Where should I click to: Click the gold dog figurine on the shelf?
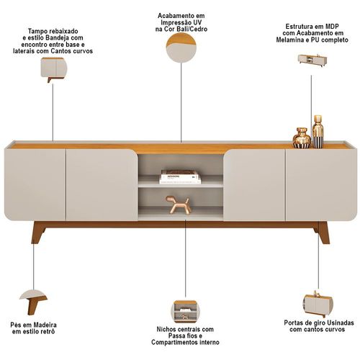click(x=179, y=204)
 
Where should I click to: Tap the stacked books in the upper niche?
click(x=180, y=177)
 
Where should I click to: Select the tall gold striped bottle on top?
click(x=318, y=132)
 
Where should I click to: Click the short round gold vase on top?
click(x=302, y=138)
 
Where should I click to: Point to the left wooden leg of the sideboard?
click(x=38, y=233)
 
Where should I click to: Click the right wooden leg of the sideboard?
click(x=321, y=233)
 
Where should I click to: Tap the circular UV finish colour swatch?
click(x=181, y=48)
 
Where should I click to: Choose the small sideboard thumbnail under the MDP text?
click(x=312, y=60)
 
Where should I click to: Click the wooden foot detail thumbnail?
click(x=33, y=302)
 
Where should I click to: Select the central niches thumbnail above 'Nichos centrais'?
click(x=185, y=312)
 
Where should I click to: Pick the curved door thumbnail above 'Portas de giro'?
click(x=318, y=303)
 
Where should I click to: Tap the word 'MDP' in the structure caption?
click(x=332, y=26)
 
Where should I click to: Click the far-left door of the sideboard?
click(x=35, y=184)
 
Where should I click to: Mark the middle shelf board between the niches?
click(x=181, y=185)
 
